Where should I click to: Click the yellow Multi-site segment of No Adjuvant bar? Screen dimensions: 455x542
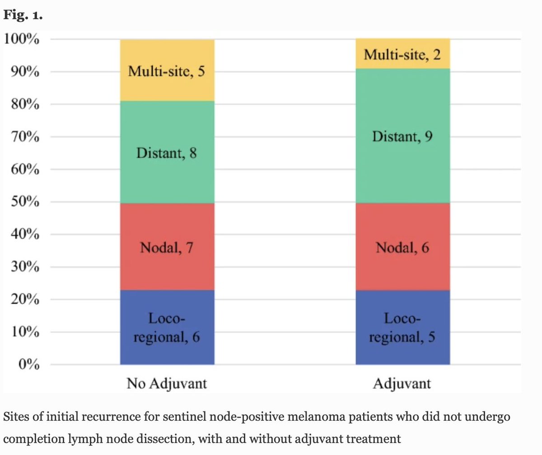tap(167, 71)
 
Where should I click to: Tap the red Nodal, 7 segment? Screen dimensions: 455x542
tap(167, 248)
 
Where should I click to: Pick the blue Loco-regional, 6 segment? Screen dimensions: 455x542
tap(167, 328)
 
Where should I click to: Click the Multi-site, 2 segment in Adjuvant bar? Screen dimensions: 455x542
tap(402, 55)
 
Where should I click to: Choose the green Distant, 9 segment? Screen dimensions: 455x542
tap(402, 136)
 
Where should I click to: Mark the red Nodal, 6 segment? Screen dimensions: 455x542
tap(402, 248)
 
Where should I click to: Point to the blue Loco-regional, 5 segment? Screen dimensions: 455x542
tap(402, 328)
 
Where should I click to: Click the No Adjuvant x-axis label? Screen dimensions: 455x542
tap(167, 384)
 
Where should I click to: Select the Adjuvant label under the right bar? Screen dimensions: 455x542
tap(402, 384)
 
